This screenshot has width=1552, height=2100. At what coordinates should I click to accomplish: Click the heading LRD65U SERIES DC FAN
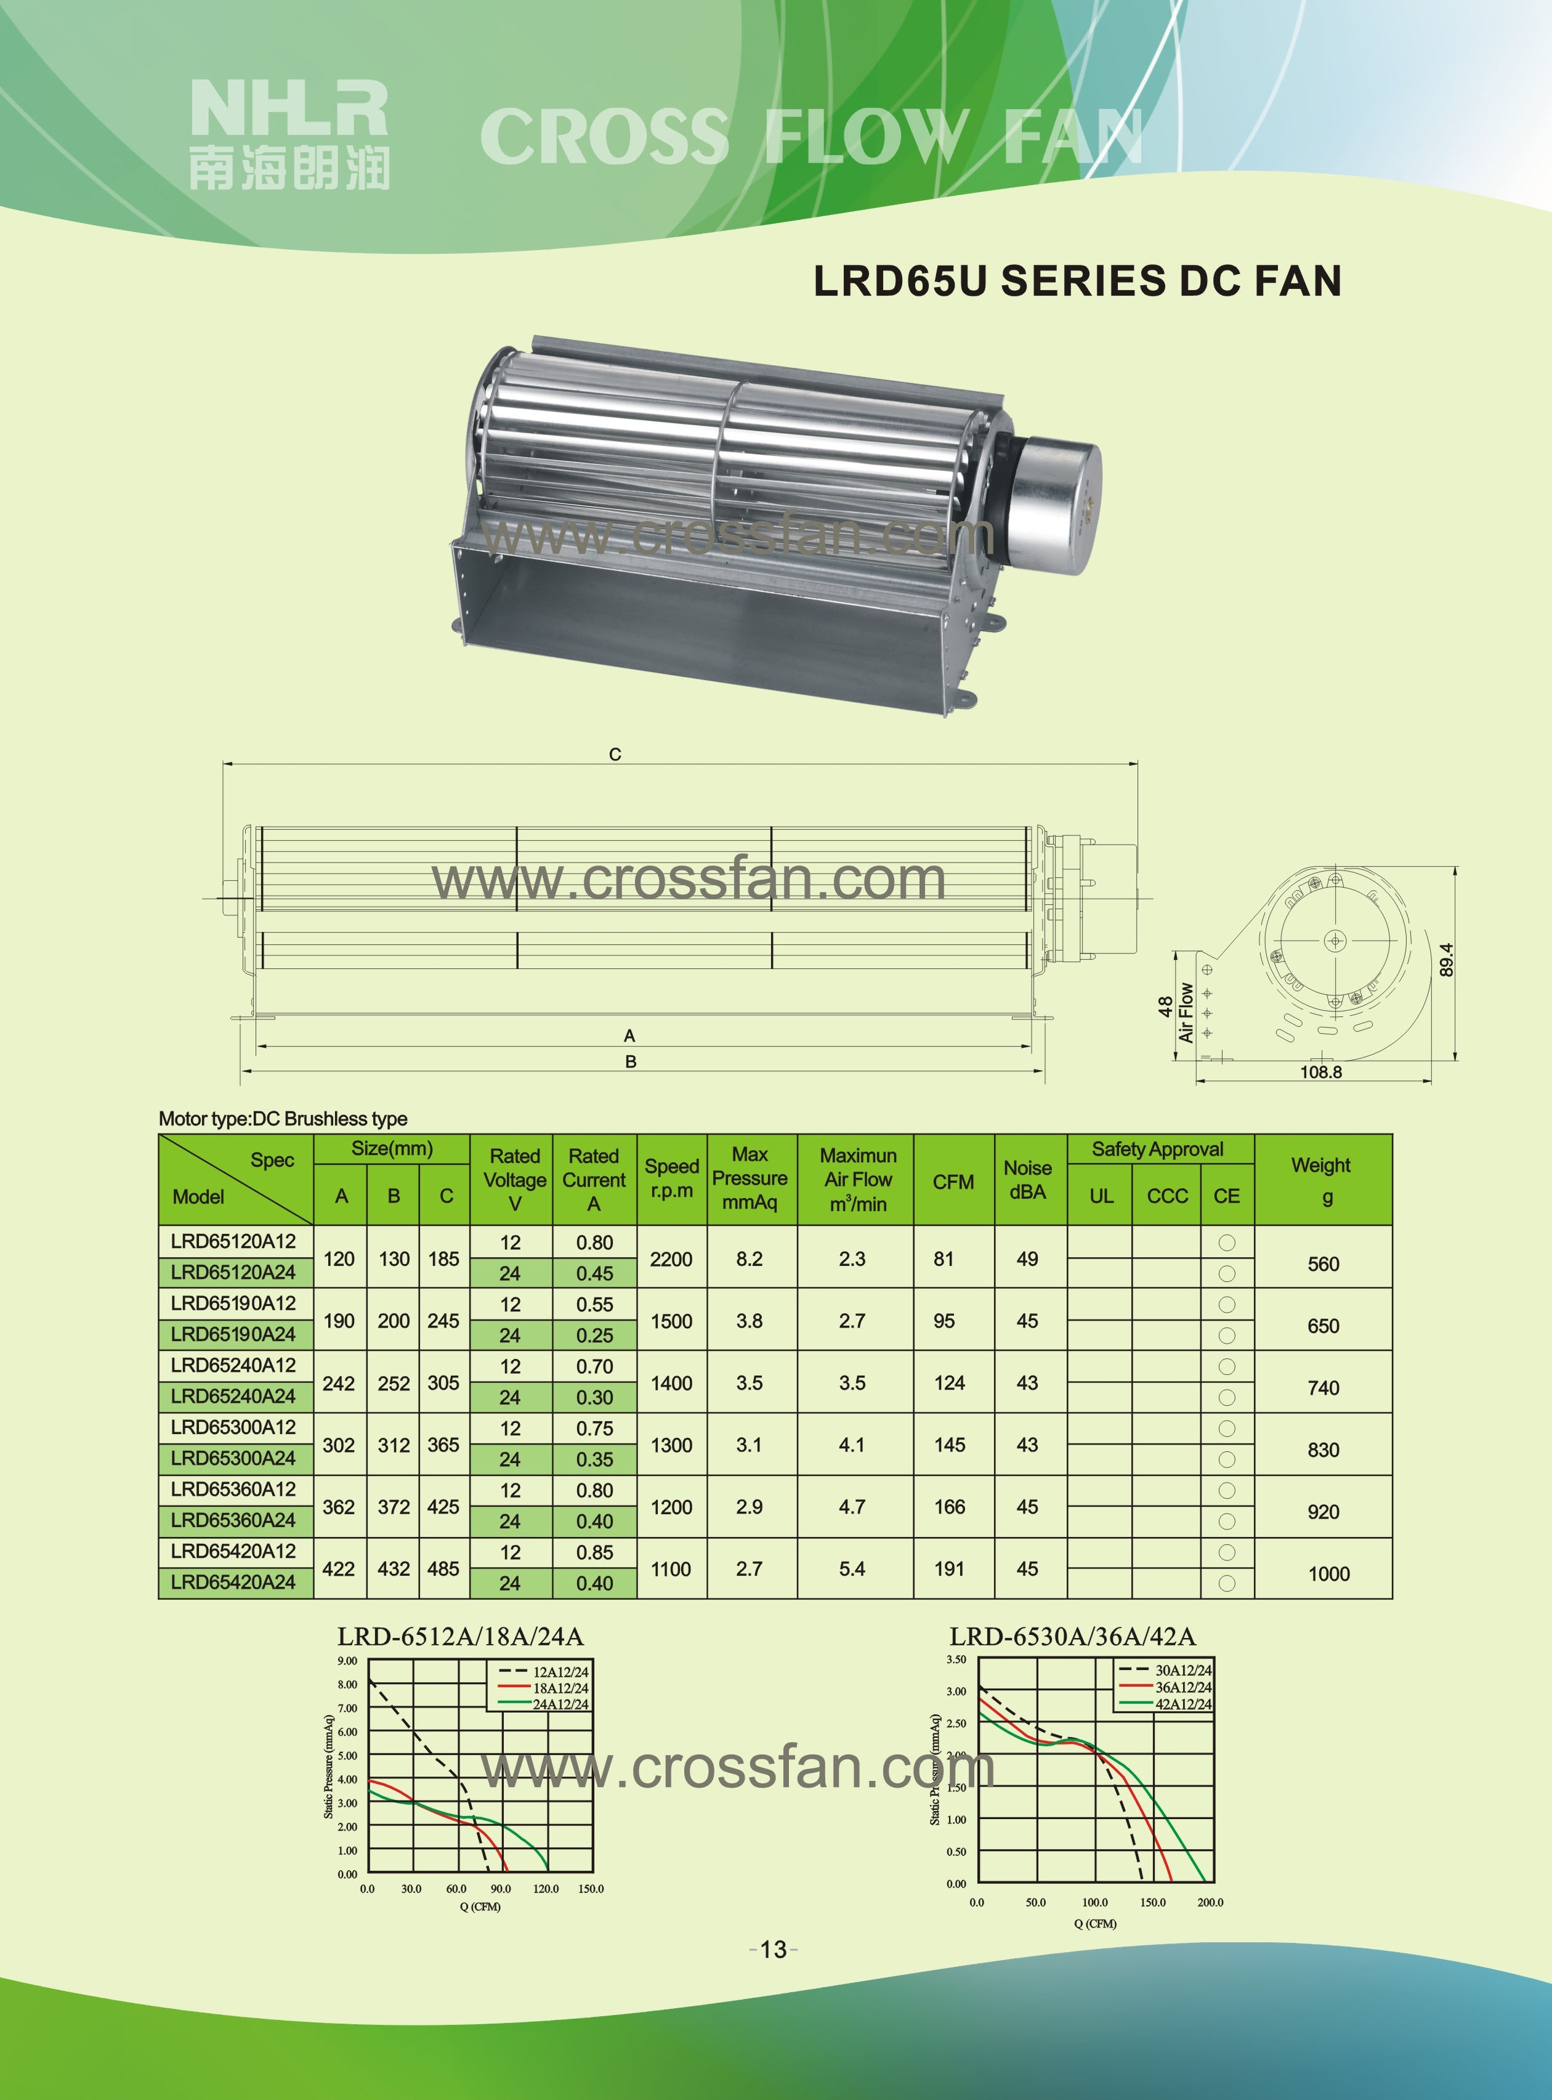click(1078, 281)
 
